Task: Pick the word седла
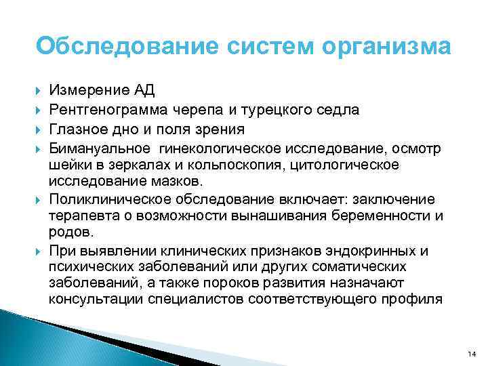click(x=340, y=110)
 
